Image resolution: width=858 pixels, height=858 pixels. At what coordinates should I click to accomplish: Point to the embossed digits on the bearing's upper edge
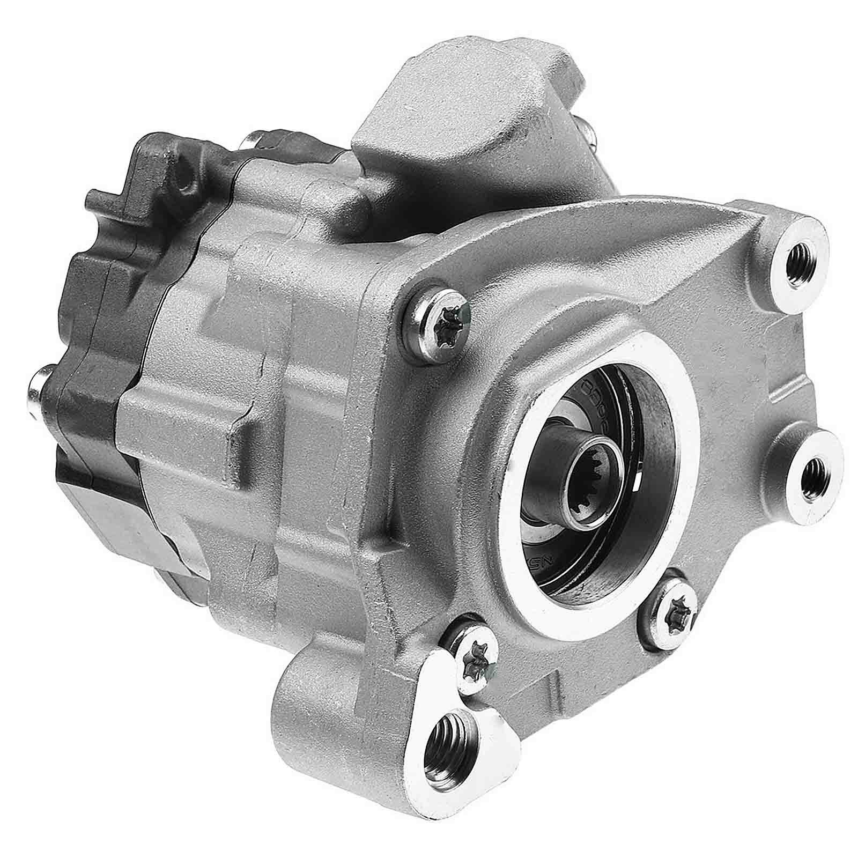coord(595,387)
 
